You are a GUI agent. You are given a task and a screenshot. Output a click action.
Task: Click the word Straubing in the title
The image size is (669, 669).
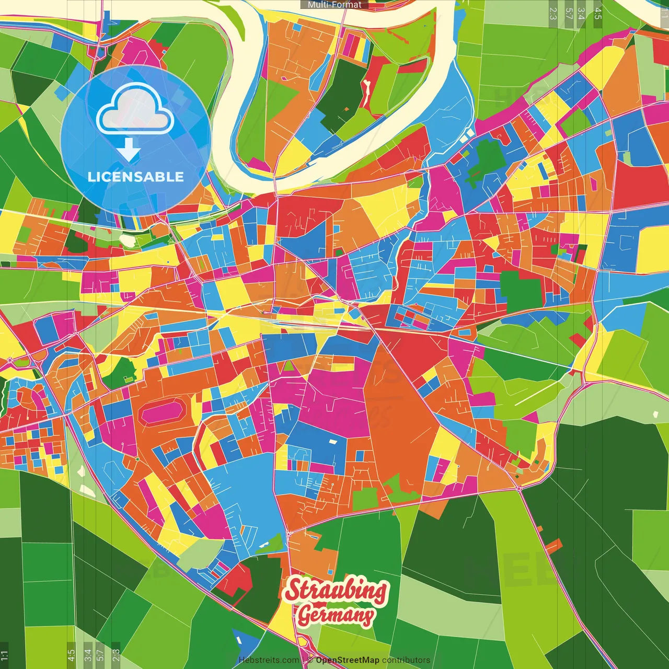point(336,591)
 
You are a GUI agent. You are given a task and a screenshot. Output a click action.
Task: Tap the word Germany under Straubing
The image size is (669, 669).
point(336,615)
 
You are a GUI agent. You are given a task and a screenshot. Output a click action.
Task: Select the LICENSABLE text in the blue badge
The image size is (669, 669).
point(135,177)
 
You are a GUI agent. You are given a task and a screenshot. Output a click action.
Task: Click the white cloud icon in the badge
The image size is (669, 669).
point(135,110)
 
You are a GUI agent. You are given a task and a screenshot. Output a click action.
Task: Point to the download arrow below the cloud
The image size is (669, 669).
point(128,151)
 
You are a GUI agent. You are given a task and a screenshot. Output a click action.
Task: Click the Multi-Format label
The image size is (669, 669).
point(334,5)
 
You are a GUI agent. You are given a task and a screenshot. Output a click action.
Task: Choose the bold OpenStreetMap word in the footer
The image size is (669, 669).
point(348,660)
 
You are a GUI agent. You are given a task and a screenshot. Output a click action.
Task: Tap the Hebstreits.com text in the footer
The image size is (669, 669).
point(269,660)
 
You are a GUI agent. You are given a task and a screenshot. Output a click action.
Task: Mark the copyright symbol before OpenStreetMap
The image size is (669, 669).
point(310,660)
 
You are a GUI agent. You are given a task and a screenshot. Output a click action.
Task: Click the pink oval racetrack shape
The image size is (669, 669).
point(163,412)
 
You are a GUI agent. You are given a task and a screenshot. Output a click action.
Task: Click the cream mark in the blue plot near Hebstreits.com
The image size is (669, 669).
point(239,639)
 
